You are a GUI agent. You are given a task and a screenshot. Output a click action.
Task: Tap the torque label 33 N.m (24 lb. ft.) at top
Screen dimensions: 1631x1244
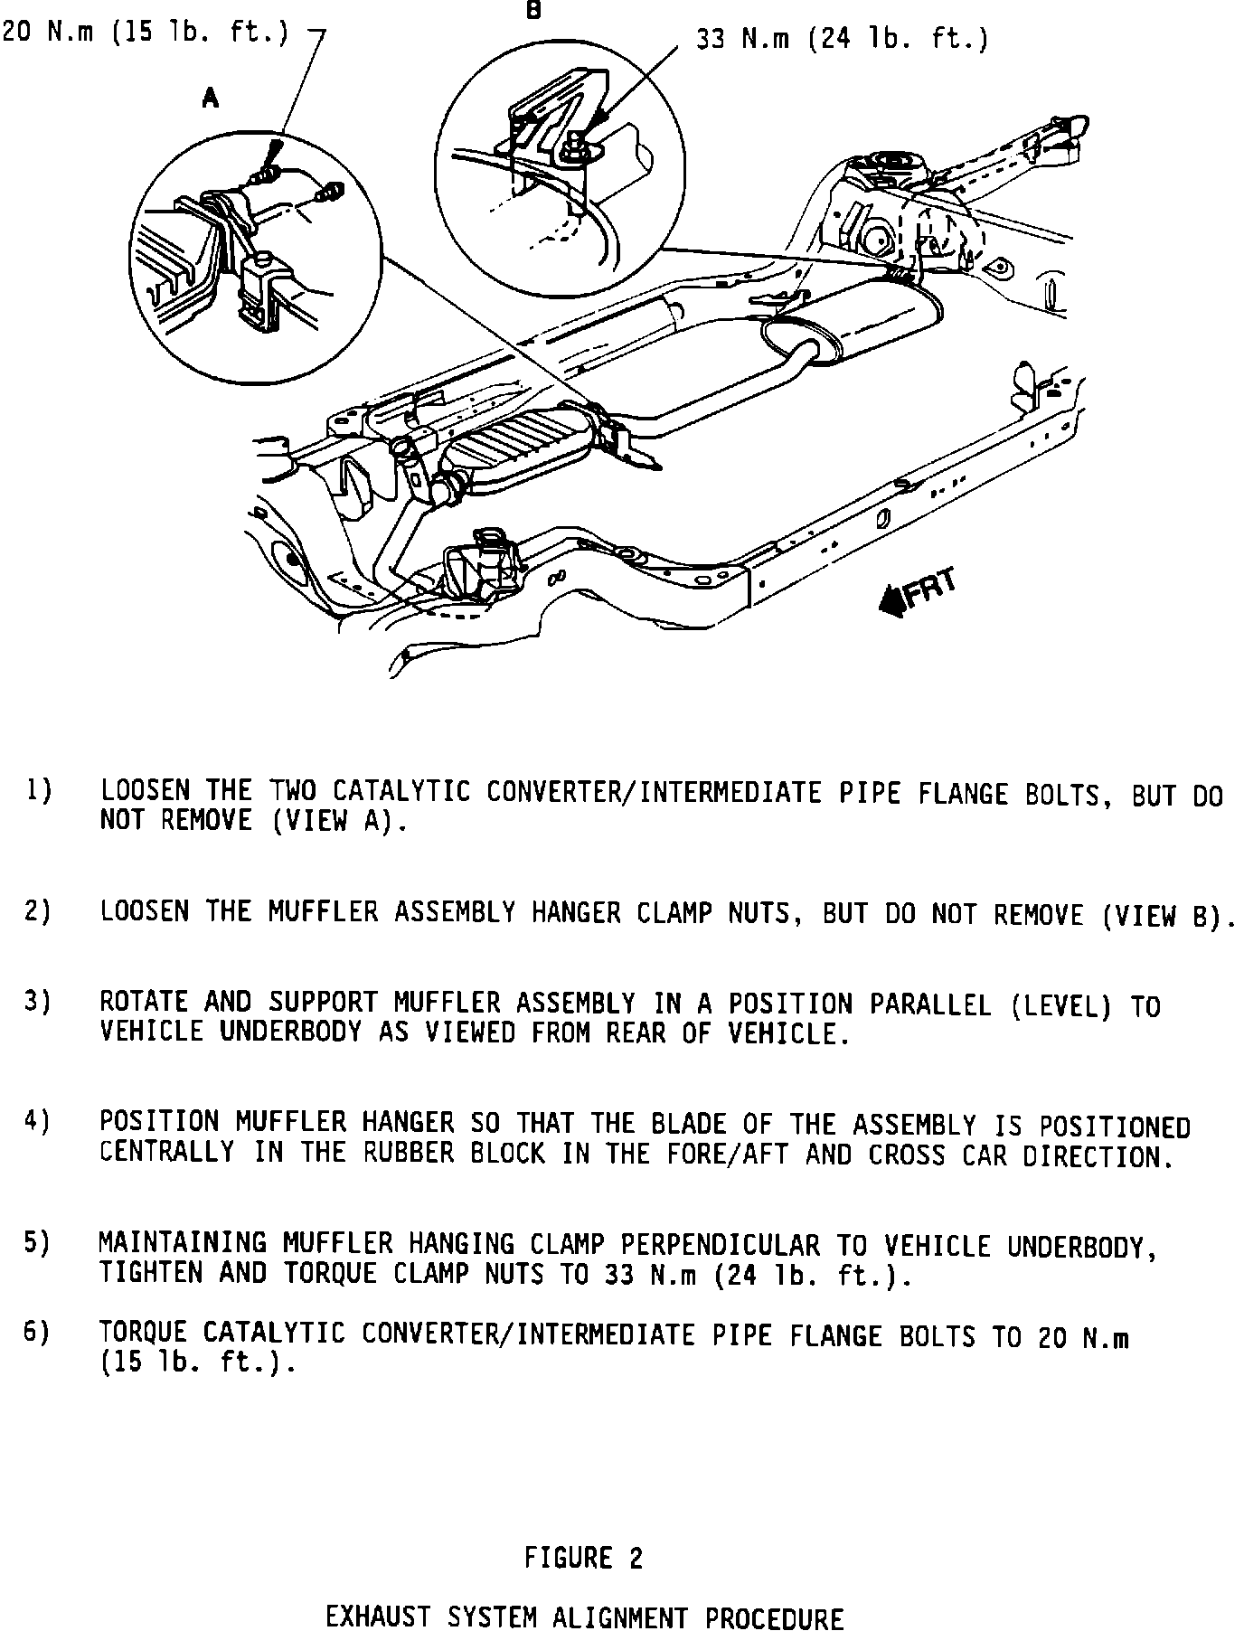click(x=842, y=40)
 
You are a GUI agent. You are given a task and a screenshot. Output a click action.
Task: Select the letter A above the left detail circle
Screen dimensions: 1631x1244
click(x=211, y=99)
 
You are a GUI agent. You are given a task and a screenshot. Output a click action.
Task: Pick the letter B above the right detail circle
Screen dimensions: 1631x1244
click(x=533, y=11)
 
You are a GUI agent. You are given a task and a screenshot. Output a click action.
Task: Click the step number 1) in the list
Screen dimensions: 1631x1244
click(x=38, y=791)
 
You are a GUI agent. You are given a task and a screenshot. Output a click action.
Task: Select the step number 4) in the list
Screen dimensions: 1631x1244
click(x=38, y=1122)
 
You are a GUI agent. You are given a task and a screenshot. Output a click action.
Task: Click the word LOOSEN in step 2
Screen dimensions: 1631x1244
click(x=145, y=911)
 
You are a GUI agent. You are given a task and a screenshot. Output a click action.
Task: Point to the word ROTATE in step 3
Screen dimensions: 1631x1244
click(x=144, y=1002)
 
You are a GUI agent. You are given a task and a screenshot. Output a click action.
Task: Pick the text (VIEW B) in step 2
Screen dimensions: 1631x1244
click(x=1167, y=915)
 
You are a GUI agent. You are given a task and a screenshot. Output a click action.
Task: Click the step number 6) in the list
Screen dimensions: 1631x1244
click(x=38, y=1334)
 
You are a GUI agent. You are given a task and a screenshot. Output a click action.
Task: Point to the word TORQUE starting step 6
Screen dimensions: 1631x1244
click(x=144, y=1334)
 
